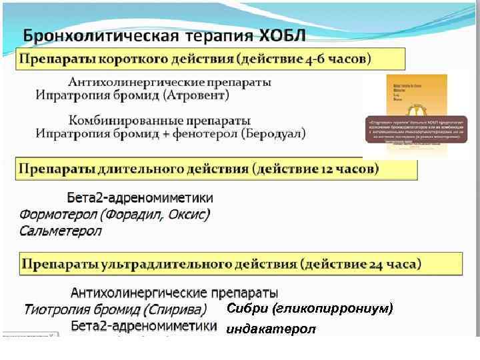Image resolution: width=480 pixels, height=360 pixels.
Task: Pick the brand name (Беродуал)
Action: pyautogui.click(x=273, y=133)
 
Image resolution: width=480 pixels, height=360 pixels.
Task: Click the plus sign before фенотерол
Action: pyautogui.click(x=173, y=133)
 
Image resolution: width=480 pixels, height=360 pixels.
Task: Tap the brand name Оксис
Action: pyautogui.click(x=189, y=215)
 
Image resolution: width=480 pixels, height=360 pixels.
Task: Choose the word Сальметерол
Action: pyautogui.click(x=60, y=231)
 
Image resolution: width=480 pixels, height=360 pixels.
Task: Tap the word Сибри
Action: pyautogui.click(x=247, y=309)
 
